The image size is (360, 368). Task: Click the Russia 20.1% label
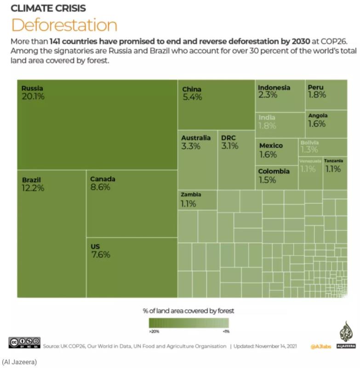point(33,92)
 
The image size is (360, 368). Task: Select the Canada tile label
point(103,179)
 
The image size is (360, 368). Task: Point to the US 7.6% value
point(100,255)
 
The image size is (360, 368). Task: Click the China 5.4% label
point(192,94)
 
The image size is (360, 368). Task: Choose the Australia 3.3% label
point(196,142)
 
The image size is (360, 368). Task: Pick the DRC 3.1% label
point(229,142)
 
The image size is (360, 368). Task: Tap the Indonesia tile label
point(274,87)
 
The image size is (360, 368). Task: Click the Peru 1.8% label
point(317,91)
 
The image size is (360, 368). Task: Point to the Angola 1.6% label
point(318,120)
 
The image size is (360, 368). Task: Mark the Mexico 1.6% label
point(271,150)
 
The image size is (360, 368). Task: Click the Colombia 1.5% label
point(274,176)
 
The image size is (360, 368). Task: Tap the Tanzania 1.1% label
point(333,165)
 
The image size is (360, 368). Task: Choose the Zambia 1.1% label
point(191,199)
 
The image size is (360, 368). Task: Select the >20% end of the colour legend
point(154,331)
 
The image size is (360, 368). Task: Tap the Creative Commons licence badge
point(24,343)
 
